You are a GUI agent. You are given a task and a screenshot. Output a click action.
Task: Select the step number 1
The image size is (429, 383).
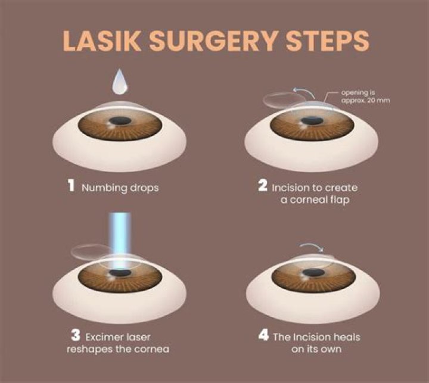coord(71,186)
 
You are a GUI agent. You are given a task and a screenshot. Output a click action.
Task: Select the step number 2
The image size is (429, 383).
coord(262,186)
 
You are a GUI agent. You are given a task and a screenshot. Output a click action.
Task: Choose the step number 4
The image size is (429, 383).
coord(262,338)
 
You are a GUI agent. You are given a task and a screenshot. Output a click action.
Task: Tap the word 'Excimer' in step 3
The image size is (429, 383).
coord(108,338)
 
